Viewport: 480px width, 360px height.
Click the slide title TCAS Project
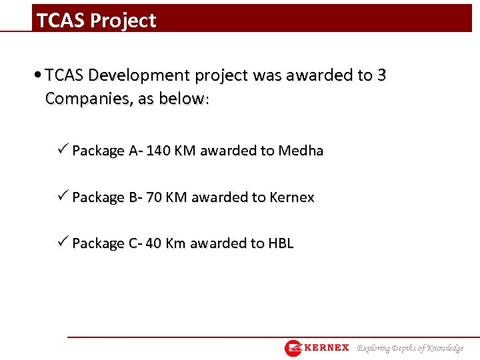(97, 21)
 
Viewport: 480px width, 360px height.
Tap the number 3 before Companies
(381, 75)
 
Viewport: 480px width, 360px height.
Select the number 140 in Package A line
(158, 151)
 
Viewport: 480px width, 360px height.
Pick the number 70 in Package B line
(155, 197)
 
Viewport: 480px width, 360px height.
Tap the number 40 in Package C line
(153, 243)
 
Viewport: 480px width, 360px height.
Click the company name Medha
(301, 151)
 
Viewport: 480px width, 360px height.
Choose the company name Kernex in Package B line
(292, 197)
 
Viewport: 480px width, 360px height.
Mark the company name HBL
(281, 243)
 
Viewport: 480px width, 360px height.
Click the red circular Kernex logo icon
(293, 348)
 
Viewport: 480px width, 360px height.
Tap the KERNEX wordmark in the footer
(327, 348)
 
